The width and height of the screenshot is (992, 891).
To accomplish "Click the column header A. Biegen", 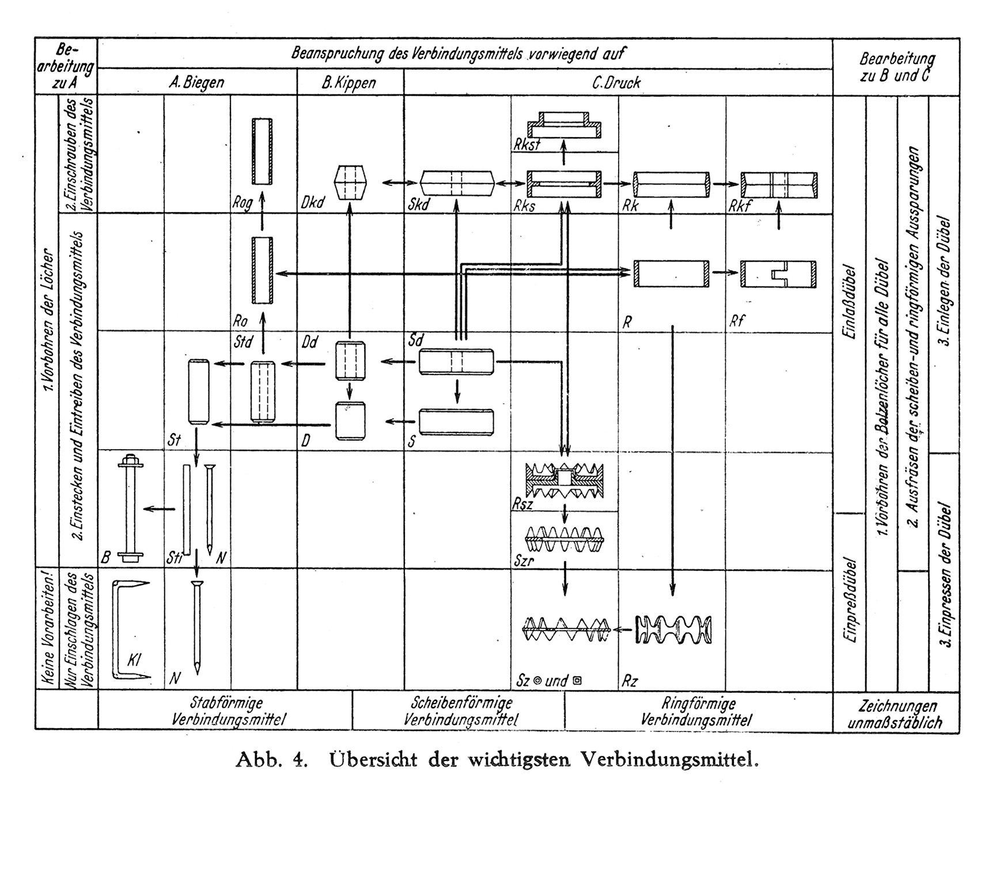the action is [x=196, y=83].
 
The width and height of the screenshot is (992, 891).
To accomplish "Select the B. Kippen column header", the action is [x=349, y=83].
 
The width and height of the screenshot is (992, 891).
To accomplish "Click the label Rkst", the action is [x=527, y=145].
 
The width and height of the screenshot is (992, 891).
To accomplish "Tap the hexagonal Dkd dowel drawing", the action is [x=350, y=183].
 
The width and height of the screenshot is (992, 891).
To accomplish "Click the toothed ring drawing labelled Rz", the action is [x=673, y=630].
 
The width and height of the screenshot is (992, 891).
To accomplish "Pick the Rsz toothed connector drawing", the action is [x=565, y=480].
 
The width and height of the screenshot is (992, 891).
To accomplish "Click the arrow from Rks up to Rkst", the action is [x=564, y=154].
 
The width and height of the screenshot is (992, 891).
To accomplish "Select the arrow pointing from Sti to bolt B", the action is [x=159, y=509].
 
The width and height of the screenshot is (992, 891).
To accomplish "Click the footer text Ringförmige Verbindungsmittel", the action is [x=696, y=711].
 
